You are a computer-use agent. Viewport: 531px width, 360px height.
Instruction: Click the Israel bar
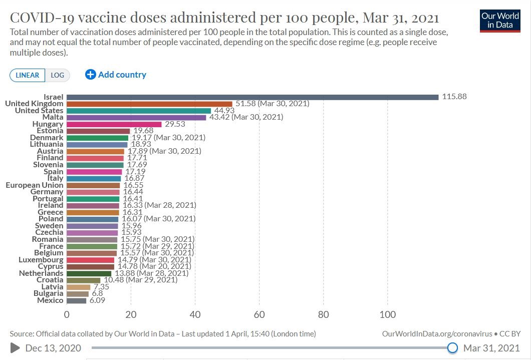(x=252, y=97)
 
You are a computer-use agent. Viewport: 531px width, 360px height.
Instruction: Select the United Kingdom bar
(x=149, y=104)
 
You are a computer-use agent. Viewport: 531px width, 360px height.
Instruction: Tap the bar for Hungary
(x=114, y=124)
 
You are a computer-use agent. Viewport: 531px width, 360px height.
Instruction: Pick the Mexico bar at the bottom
(x=76, y=300)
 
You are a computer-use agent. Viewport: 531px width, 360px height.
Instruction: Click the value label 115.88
(x=454, y=97)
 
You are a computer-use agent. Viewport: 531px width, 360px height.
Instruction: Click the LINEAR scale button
(x=28, y=75)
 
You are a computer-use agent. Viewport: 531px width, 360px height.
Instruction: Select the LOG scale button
(x=58, y=75)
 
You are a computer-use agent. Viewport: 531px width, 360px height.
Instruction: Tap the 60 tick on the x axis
(x=259, y=314)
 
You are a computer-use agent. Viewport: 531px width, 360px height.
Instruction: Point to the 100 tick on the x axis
(x=388, y=314)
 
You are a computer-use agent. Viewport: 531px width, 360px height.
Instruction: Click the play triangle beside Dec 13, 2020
(x=16, y=347)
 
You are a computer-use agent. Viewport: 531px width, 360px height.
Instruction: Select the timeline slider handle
(x=452, y=347)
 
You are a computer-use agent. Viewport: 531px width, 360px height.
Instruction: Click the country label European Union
(x=35, y=185)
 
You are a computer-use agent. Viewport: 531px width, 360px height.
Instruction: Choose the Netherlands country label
(x=41, y=273)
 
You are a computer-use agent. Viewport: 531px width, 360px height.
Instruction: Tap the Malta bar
(x=136, y=117)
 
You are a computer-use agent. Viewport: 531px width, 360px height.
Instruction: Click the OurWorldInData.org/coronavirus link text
(x=436, y=333)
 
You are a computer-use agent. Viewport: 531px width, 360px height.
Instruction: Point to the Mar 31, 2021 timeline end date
(x=491, y=347)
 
